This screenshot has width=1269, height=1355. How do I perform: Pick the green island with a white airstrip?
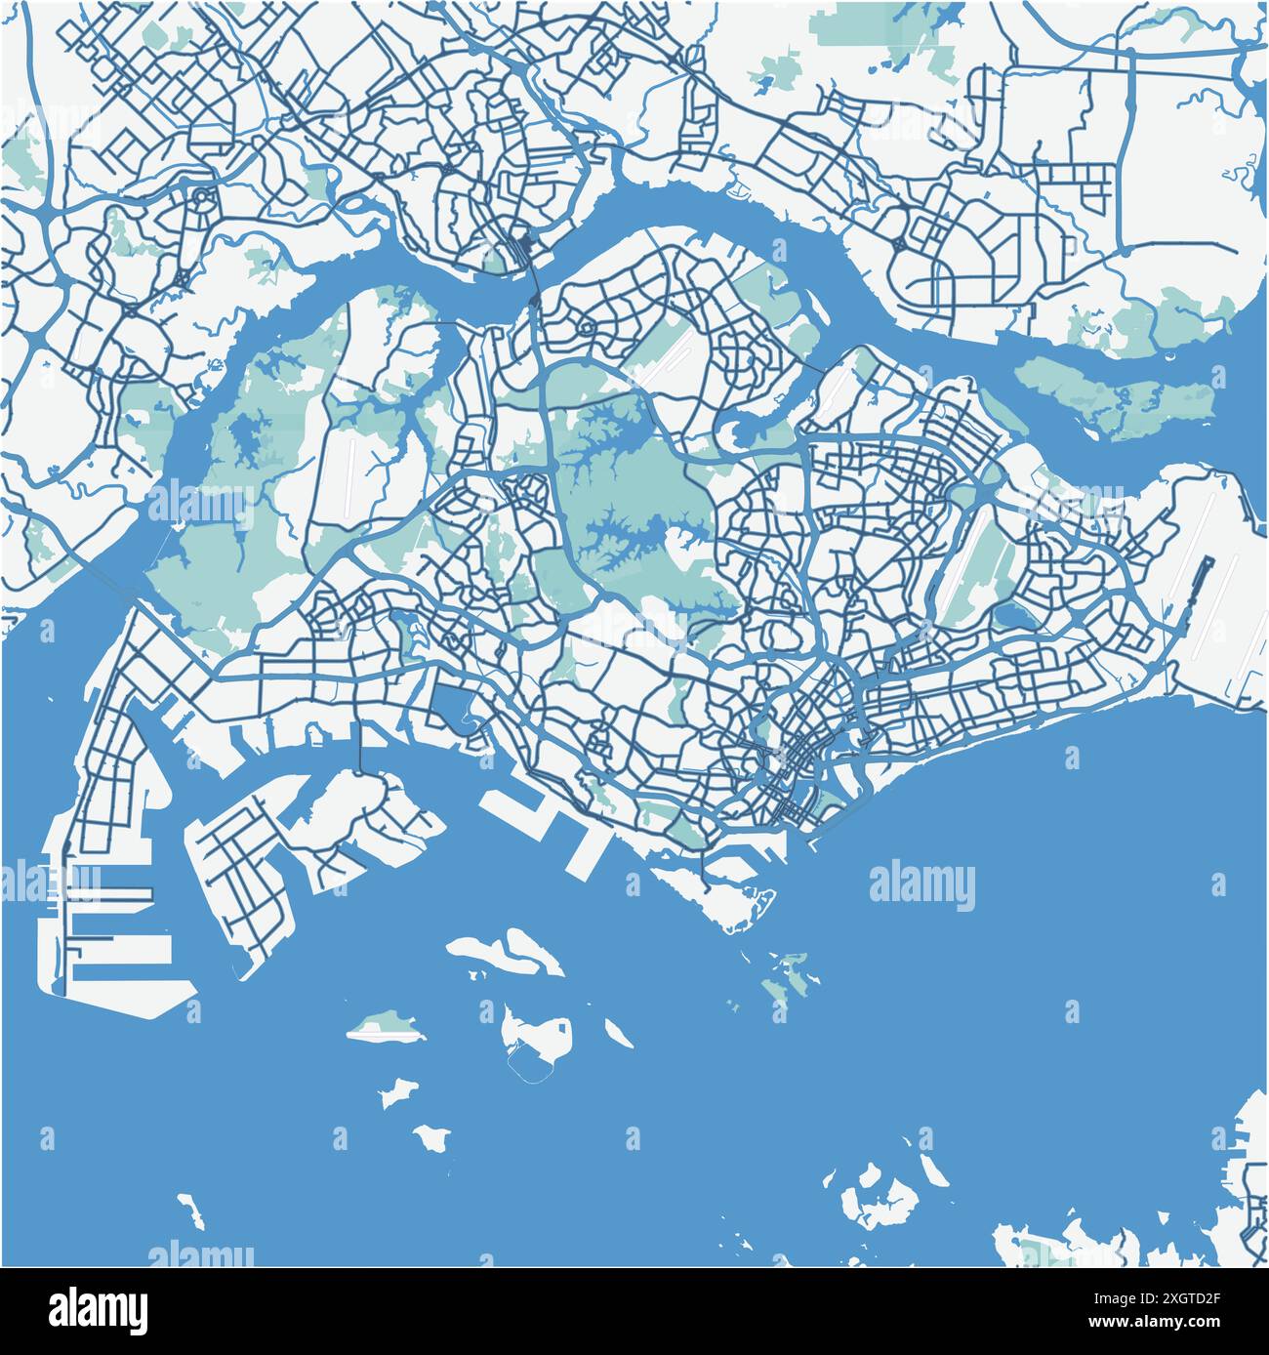382,1027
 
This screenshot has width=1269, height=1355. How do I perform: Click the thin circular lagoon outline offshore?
532,1067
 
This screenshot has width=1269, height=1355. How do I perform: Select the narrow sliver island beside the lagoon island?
617,1032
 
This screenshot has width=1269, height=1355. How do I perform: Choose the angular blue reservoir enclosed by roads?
451,706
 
